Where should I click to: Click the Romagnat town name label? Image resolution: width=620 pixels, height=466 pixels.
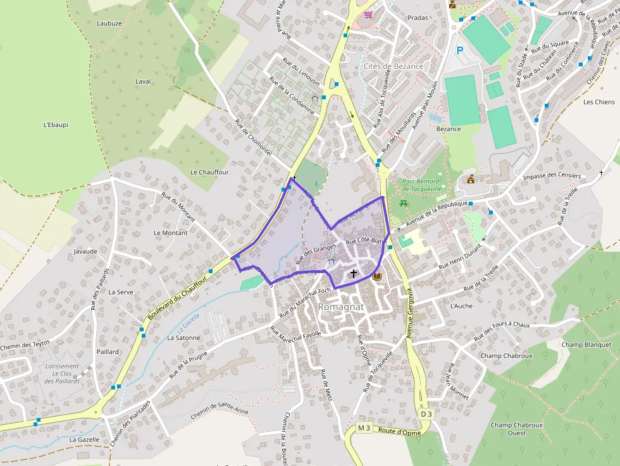[341, 307]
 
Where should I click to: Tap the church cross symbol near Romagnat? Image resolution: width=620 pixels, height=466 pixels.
[353, 274]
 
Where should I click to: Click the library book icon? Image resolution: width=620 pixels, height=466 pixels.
[378, 277]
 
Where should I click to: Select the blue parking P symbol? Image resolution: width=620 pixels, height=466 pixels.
[460, 51]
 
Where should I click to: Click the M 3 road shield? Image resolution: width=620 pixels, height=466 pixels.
[363, 428]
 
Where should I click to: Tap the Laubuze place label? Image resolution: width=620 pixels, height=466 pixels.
[109, 23]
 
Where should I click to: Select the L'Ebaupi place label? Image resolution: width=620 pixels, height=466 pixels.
[56, 125]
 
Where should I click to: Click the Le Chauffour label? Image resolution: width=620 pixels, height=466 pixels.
[209, 172]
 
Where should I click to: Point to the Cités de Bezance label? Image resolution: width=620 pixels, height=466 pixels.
[394, 66]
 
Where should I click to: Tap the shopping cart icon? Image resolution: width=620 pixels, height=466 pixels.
[368, 14]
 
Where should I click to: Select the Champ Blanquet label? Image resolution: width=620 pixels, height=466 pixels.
[586, 345]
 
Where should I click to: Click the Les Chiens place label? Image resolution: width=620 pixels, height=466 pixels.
[598, 102]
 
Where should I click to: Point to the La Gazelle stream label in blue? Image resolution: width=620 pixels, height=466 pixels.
[189, 323]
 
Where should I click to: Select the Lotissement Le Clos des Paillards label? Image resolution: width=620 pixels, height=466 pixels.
[63, 374]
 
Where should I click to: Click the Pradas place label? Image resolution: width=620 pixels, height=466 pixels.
[418, 18]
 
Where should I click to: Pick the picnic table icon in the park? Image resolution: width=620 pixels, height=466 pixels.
[404, 203]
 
